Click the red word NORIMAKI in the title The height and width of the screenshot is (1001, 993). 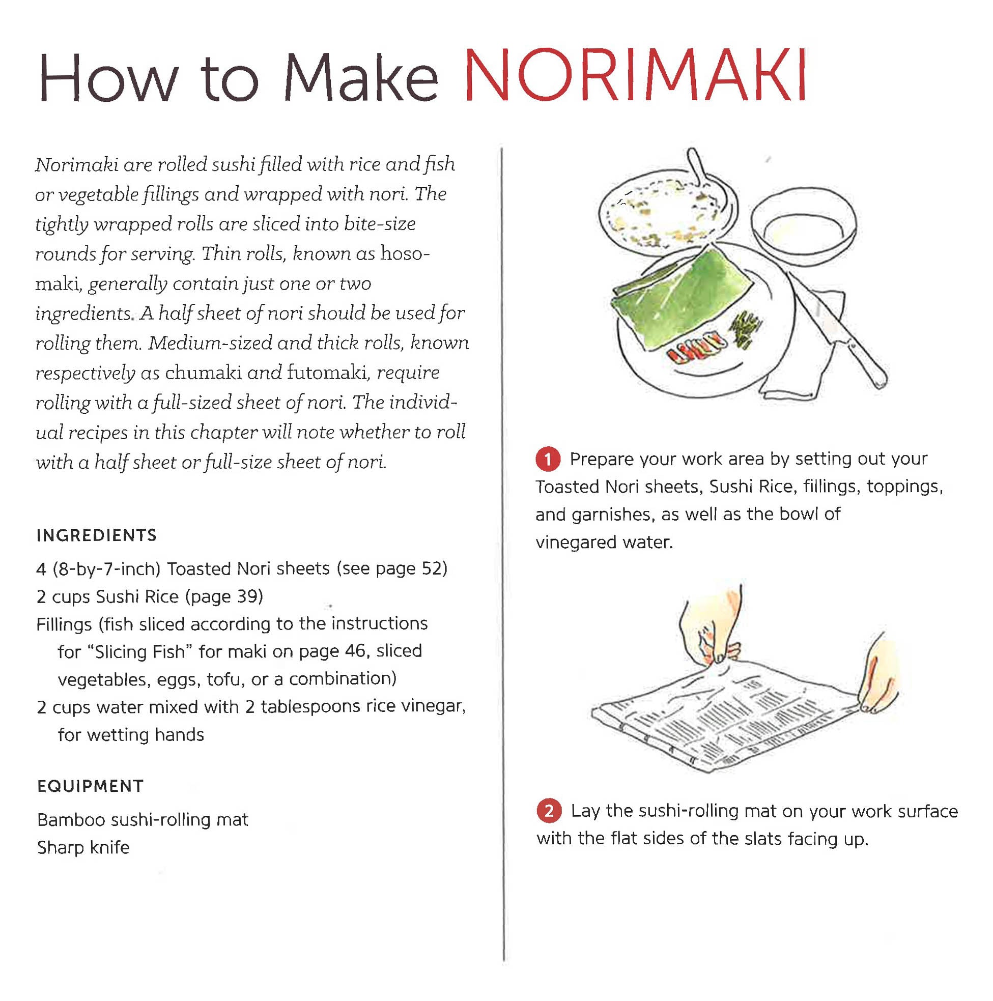[x=635, y=76]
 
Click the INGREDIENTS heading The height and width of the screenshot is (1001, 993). [x=96, y=535]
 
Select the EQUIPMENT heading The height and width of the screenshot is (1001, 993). [x=90, y=786]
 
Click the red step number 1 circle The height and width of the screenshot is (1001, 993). [x=548, y=459]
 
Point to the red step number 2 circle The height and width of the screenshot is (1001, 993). [x=549, y=811]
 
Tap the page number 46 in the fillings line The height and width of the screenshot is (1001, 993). [x=355, y=651]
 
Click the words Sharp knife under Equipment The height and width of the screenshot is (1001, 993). [x=83, y=848]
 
